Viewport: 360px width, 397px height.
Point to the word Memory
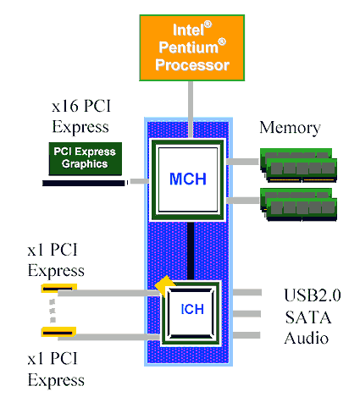pos(290,128)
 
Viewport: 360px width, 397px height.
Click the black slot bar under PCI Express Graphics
pos(84,181)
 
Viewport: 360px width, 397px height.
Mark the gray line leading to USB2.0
pos(247,293)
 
